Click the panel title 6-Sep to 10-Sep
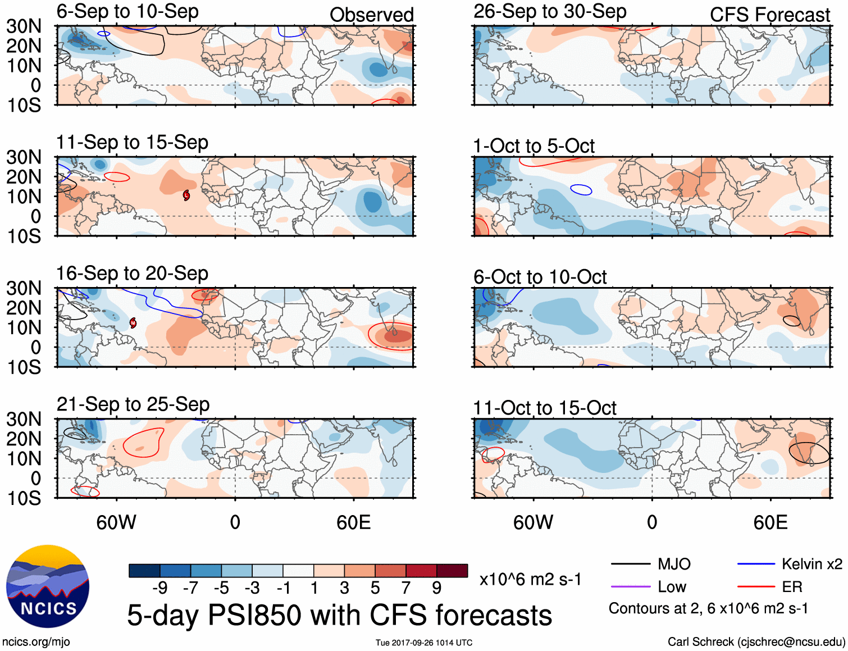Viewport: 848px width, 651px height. coord(127,12)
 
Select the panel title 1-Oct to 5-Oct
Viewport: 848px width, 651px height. coord(534,146)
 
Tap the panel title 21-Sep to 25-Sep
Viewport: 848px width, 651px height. coord(133,404)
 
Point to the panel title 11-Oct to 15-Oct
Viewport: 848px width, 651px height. coord(545,408)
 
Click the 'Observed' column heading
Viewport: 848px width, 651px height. coord(371,15)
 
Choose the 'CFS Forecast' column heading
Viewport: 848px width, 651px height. coord(769,15)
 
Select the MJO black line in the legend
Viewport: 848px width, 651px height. coord(630,564)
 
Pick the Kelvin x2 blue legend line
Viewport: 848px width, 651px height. coord(756,564)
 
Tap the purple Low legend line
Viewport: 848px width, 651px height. coord(630,587)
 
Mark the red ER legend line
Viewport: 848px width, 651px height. coord(756,587)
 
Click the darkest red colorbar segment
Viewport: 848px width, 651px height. coord(452,571)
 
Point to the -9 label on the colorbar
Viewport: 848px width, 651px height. coord(160,588)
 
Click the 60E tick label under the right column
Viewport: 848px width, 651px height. coord(770,522)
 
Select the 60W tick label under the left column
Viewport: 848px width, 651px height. coord(116,522)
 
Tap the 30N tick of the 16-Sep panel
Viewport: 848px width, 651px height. coord(24,288)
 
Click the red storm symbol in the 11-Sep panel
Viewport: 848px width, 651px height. coord(186,195)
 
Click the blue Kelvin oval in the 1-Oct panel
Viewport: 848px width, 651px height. coord(581,189)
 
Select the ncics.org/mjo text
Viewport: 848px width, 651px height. coord(36,641)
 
